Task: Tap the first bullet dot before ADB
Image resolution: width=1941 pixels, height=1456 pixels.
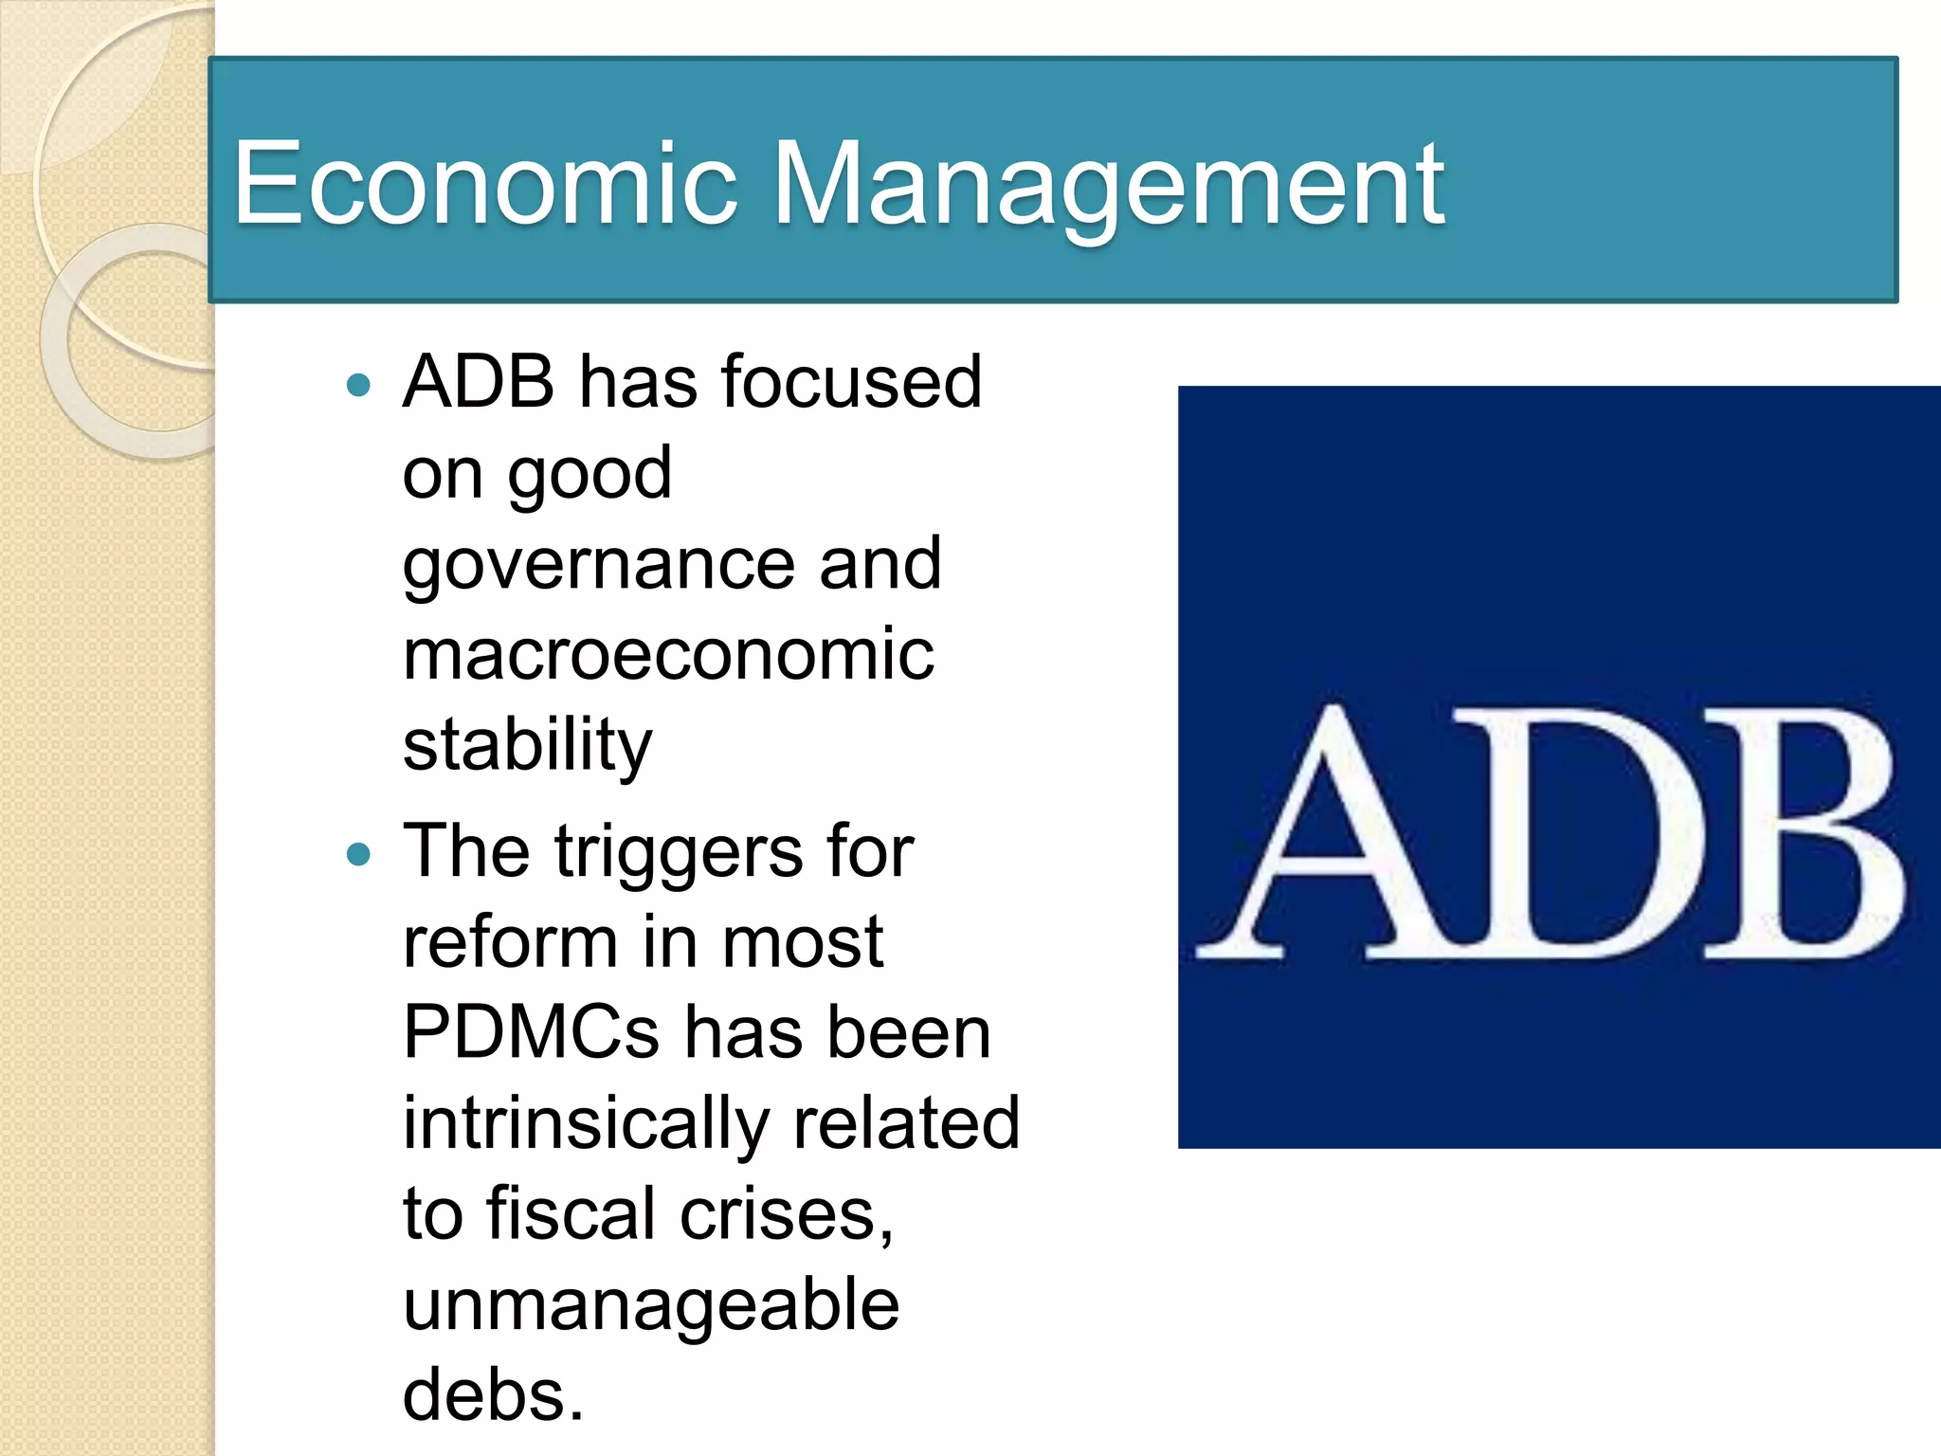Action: tap(358, 385)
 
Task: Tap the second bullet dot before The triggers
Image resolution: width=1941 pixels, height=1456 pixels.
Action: tap(358, 855)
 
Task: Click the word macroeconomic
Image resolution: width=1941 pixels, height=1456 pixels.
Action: tap(668, 654)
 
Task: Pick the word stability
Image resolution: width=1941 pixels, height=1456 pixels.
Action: tap(527, 746)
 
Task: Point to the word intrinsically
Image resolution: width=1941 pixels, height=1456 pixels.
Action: tap(586, 1123)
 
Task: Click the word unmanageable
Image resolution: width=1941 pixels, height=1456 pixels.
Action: tap(650, 1304)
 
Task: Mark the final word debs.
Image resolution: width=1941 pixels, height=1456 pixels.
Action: tap(492, 1394)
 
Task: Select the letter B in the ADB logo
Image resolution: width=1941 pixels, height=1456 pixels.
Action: tap(1801, 834)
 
